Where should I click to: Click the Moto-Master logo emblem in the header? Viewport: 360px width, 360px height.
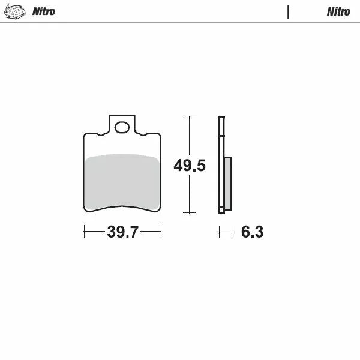16,11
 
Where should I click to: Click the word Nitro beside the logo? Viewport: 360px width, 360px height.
43,11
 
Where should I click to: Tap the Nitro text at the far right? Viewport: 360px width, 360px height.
338,11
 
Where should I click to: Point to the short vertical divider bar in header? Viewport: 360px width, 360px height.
288,11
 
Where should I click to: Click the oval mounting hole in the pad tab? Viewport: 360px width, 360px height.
122,127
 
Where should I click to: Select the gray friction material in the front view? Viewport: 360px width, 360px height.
122,182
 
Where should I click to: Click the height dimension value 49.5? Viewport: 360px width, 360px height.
190,166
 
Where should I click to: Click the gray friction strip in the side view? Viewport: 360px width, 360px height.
228,183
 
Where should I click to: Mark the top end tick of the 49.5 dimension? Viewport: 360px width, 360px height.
190,116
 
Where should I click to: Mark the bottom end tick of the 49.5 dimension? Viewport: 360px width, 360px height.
190,213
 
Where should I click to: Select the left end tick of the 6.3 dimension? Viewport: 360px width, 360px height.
219,232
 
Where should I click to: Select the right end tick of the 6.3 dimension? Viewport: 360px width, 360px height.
232,232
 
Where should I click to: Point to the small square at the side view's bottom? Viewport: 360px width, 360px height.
221,210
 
